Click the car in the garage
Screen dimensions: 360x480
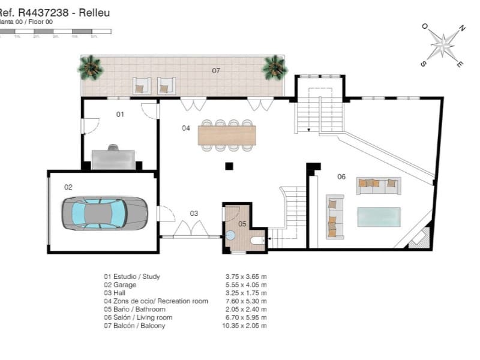(104, 213)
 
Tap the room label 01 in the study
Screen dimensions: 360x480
(120, 114)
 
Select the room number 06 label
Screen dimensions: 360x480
(341, 176)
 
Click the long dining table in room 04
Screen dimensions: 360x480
(227, 135)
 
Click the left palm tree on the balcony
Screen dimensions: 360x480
(91, 67)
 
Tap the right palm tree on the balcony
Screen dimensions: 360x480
(275, 67)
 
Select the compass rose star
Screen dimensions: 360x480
(443, 44)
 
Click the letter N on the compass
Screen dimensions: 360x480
(461, 28)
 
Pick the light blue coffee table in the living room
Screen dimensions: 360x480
(379, 217)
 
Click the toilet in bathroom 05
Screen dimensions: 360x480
(257, 241)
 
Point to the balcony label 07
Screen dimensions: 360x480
(215, 71)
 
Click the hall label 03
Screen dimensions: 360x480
(194, 213)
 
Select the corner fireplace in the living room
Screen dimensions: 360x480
(420, 237)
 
